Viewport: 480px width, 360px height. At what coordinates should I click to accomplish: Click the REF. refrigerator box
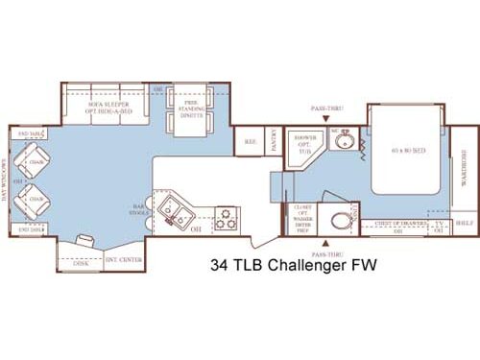[250, 142]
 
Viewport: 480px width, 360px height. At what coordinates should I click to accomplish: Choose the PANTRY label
[274, 142]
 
